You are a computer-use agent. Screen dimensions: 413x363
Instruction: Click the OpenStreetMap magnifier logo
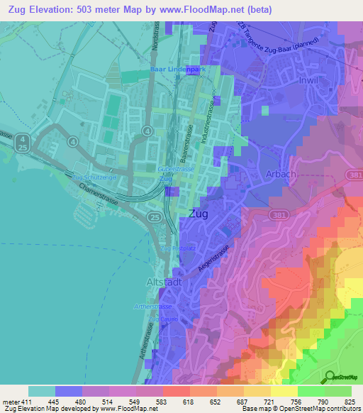330,378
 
